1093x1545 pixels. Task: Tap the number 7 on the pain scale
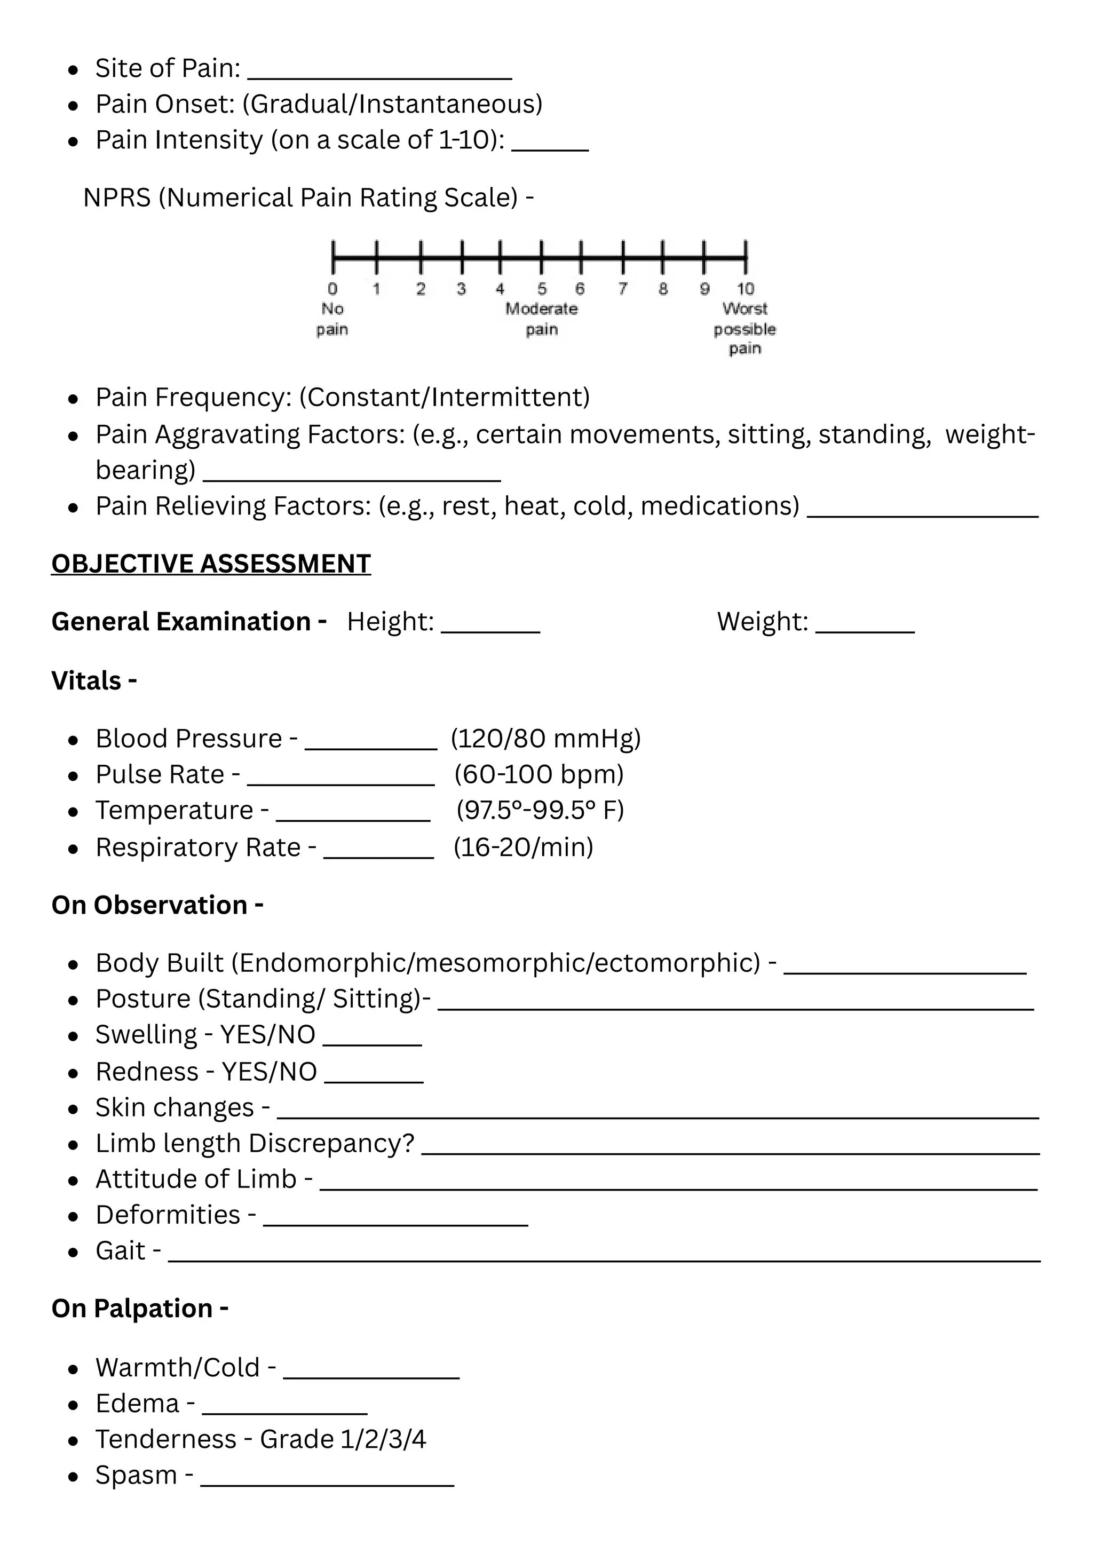[623, 289]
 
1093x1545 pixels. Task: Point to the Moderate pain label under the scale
[541, 318]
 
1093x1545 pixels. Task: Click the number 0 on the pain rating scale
[332, 289]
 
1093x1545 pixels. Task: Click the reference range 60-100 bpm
[539, 774]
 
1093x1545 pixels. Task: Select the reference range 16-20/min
[524, 846]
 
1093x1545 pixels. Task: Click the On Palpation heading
[139, 1309]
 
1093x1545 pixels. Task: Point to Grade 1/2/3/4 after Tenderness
[343, 1439]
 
